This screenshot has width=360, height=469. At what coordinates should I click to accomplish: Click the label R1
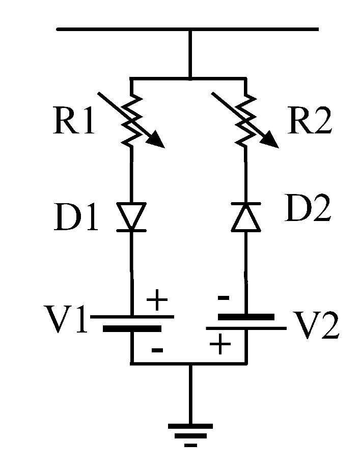click(74, 123)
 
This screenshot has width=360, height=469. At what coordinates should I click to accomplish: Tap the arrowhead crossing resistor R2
click(271, 141)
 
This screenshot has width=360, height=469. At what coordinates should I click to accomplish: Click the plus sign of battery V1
click(157, 302)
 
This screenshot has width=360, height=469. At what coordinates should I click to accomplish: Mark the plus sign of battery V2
click(220, 346)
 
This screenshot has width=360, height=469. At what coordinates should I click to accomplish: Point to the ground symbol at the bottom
click(190, 432)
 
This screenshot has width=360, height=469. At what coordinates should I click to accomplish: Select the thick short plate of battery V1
click(132, 329)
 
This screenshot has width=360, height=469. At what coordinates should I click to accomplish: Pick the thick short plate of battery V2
click(245, 316)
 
